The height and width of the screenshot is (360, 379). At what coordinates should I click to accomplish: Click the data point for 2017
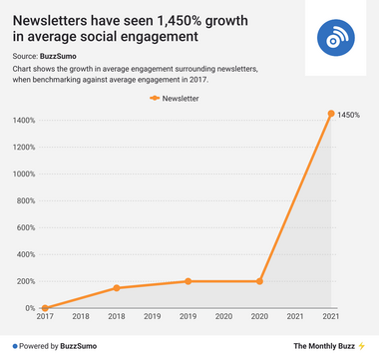click(45, 308)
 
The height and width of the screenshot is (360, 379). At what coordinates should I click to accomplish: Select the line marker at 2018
click(117, 288)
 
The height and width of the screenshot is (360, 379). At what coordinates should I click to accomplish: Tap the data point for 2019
click(189, 281)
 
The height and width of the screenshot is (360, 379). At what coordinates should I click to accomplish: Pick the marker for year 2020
click(260, 281)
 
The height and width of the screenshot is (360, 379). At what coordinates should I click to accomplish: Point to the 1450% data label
click(349, 115)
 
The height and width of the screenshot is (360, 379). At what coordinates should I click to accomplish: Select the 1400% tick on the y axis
click(23, 121)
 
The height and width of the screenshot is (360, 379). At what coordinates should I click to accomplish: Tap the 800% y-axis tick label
click(25, 201)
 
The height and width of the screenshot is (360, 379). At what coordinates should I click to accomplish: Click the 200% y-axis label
click(25, 281)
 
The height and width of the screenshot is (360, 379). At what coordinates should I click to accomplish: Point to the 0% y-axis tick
click(29, 308)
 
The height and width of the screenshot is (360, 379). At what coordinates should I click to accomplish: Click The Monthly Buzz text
click(323, 345)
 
